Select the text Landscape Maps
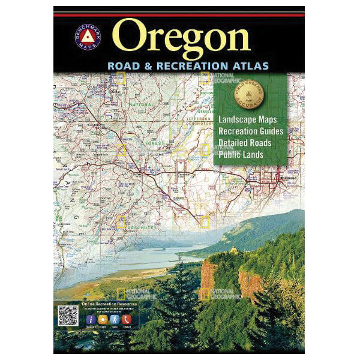click(248, 119)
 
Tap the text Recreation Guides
click(251, 131)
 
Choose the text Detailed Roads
click(245, 143)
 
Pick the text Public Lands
click(241, 155)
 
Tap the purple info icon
click(91, 319)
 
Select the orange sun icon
click(104, 319)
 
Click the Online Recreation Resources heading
click(109, 305)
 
